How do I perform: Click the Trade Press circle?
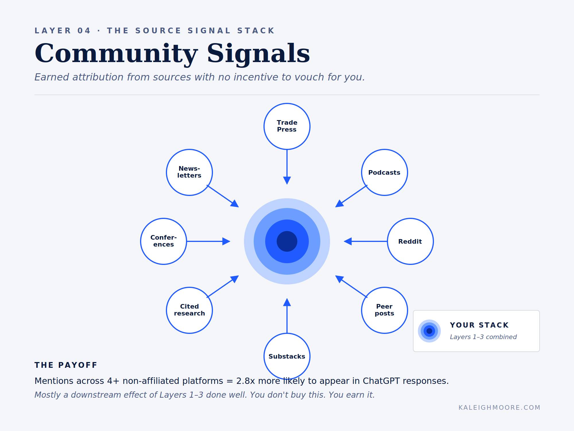point(287,126)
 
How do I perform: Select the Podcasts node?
point(384,172)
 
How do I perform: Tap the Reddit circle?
point(410,241)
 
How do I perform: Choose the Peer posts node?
point(384,310)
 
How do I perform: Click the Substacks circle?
point(287,356)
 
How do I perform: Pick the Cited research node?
point(189,310)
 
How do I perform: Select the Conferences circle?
point(164,241)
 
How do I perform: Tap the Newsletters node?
point(189,172)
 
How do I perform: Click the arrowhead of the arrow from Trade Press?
point(287,180)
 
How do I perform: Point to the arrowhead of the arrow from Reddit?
point(348,241)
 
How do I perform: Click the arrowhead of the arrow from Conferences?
point(226,241)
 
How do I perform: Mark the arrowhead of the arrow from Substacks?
point(287,303)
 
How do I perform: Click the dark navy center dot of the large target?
point(287,241)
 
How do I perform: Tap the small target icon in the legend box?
point(429,331)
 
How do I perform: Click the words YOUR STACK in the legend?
point(479,325)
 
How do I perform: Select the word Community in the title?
point(116,53)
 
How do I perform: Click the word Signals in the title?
point(258,53)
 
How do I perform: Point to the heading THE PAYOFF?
point(66,365)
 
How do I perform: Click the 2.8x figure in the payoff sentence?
point(245,381)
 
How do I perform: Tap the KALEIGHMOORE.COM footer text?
point(499,407)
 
